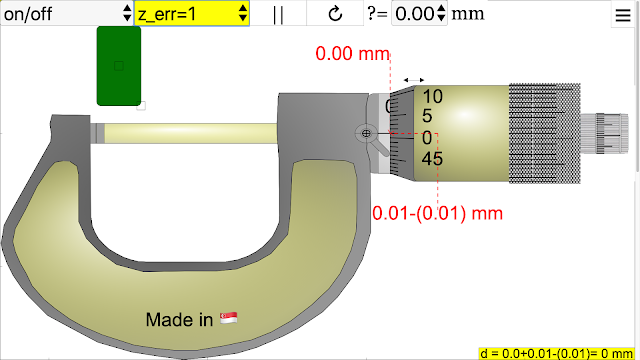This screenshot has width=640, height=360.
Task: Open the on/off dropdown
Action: (x=67, y=13)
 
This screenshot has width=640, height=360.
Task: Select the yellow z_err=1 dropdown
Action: (x=192, y=13)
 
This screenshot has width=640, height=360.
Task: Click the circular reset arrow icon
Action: (x=335, y=13)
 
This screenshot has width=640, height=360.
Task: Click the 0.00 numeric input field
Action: (x=419, y=13)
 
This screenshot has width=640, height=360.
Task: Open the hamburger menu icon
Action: (x=623, y=15)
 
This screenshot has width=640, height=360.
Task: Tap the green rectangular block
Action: (x=119, y=66)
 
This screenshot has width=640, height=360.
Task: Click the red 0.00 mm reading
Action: (x=352, y=54)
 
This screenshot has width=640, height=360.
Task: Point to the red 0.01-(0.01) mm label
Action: (x=437, y=213)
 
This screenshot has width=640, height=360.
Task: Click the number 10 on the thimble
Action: (x=432, y=97)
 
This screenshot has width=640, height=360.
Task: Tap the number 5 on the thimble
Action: (x=427, y=116)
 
